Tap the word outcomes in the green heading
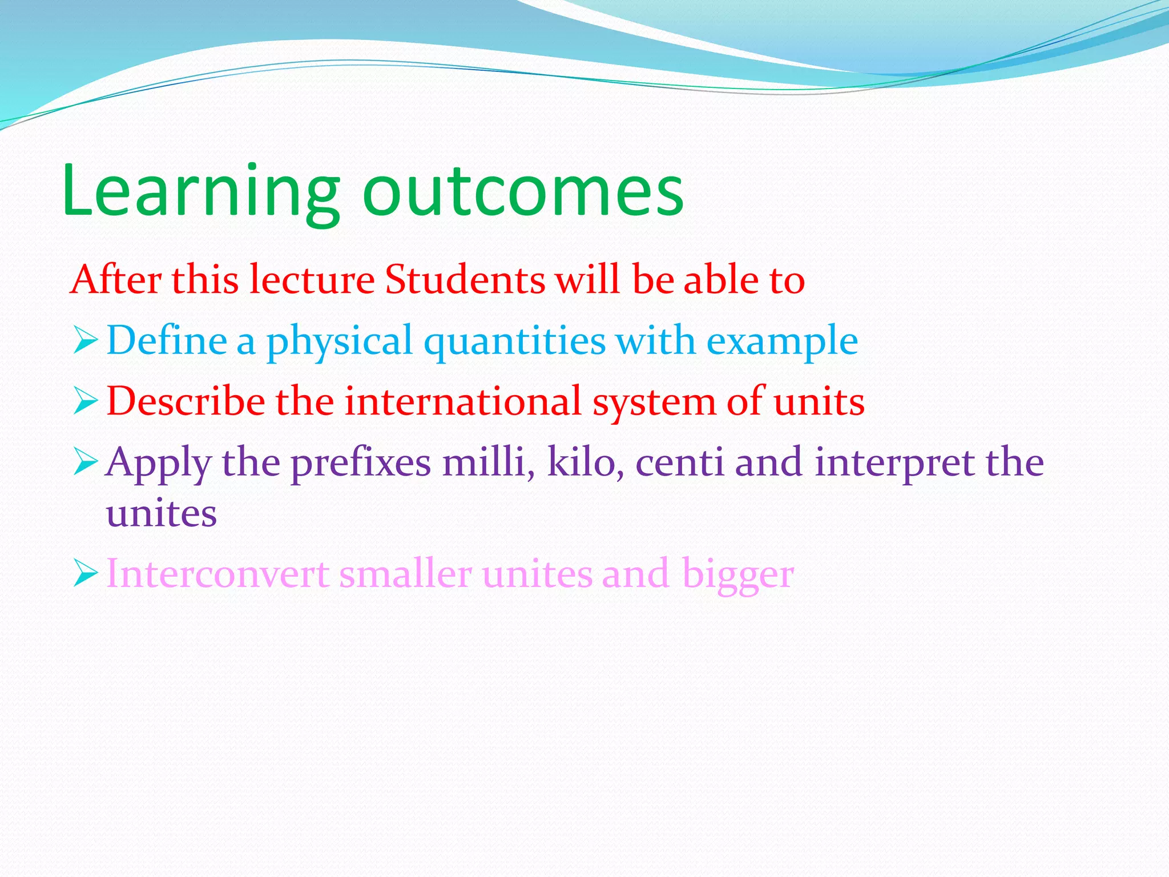[522, 191]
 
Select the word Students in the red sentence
[465, 280]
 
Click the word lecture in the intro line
[312, 280]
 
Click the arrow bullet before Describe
[86, 403]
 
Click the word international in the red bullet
[463, 402]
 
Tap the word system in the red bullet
[654, 403]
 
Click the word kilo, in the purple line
[585, 462]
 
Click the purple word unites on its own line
[162, 514]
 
